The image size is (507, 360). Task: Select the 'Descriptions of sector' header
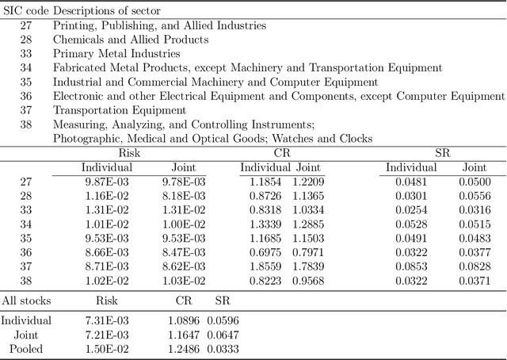[107, 10]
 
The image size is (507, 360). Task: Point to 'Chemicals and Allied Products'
[131, 40]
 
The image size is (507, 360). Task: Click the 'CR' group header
[281, 152]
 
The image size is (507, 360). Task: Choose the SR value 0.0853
[411, 266]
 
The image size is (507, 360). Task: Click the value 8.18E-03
[189, 196]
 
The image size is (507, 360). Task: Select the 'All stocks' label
[25, 301]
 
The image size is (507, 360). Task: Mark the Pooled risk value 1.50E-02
[106, 349]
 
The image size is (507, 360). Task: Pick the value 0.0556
[475, 196]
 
